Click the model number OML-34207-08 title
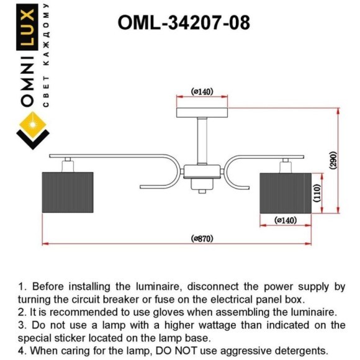pyautogui.click(x=184, y=23)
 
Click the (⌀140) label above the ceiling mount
pyautogui.click(x=202, y=92)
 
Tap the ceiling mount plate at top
pyautogui.click(x=202, y=112)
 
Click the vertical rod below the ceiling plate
pyautogui.click(x=202, y=140)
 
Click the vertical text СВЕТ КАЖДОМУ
pyautogui.click(x=46, y=56)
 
